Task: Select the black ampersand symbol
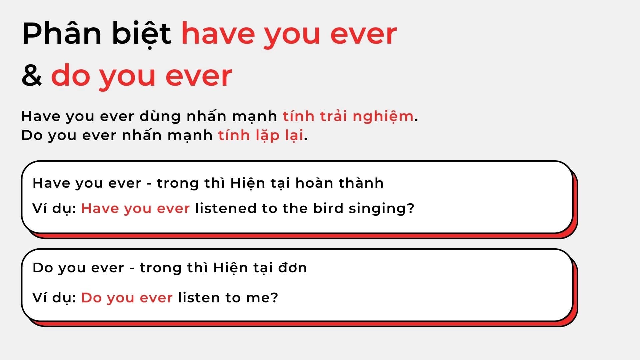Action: pyautogui.click(x=32, y=75)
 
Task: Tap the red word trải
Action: pyautogui.click(x=333, y=116)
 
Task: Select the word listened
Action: pyautogui.click(x=226, y=208)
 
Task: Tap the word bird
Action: pyautogui.click(x=328, y=208)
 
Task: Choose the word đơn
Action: pyautogui.click(x=292, y=268)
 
